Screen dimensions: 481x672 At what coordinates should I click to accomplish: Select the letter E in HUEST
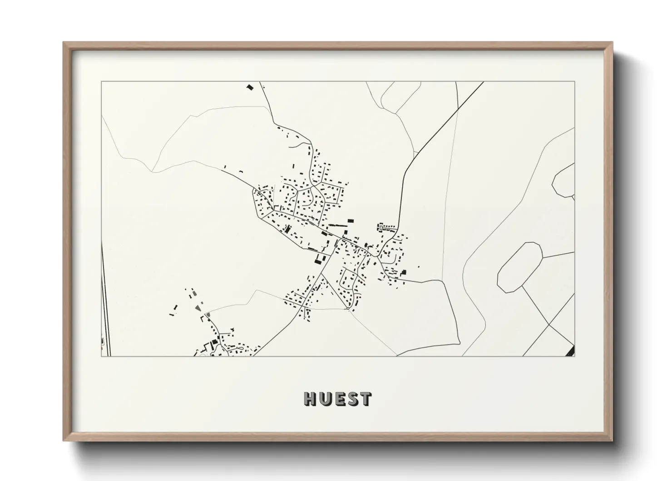(338, 399)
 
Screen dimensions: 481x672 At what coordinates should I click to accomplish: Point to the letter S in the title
(351, 399)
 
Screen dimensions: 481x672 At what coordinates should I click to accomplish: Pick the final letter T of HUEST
(365, 399)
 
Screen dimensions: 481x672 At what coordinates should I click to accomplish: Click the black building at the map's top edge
(249, 86)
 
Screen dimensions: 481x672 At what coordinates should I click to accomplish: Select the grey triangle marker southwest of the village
(198, 308)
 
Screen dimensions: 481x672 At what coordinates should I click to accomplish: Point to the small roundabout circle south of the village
(348, 309)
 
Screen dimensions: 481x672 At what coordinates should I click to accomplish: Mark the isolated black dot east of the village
(418, 267)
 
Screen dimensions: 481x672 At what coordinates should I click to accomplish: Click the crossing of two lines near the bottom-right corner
(549, 326)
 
